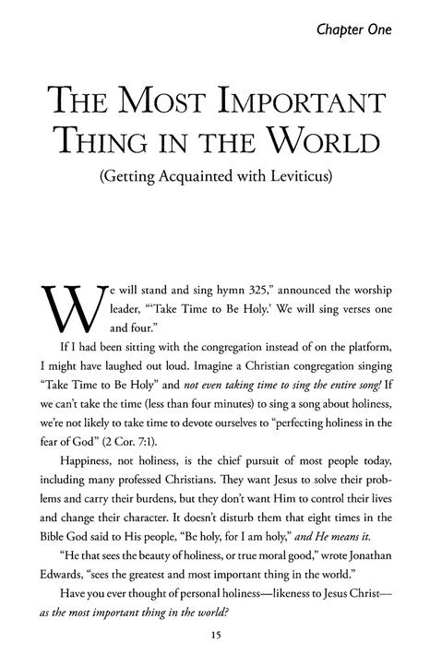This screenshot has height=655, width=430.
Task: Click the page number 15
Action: click(x=215, y=635)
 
